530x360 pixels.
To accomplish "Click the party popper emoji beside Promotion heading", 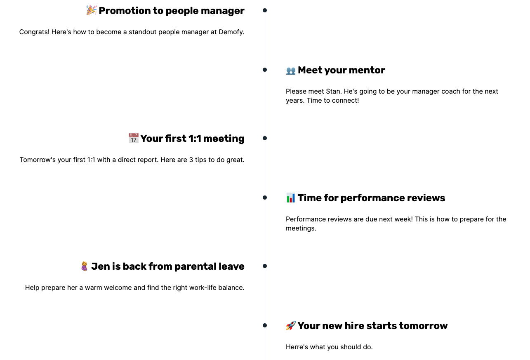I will pos(91,10).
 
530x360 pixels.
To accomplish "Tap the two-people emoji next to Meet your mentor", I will pos(291,71).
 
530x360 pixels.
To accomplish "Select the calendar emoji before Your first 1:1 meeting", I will pos(133,138).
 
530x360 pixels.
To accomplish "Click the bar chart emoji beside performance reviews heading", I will pos(291,198).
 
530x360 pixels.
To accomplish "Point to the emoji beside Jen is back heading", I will pos(85,266).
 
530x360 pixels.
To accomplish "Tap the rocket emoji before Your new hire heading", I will pos(291,326).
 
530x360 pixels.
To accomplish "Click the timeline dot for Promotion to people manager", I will pos(265,10).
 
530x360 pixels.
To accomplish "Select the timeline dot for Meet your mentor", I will pos(265,70).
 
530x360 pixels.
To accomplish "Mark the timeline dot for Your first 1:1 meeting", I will pos(265,138).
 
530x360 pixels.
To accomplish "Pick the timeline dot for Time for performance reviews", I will pos(265,198).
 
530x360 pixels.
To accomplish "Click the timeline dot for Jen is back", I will pos(265,266).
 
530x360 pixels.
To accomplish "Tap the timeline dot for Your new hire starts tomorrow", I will pos(265,325).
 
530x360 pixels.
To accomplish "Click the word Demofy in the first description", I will pos(231,32).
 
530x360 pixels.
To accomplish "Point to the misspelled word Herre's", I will pos(297,347).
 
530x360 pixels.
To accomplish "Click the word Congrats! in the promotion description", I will pos(34,32).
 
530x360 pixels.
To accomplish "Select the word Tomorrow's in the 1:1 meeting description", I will pos(38,160).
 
